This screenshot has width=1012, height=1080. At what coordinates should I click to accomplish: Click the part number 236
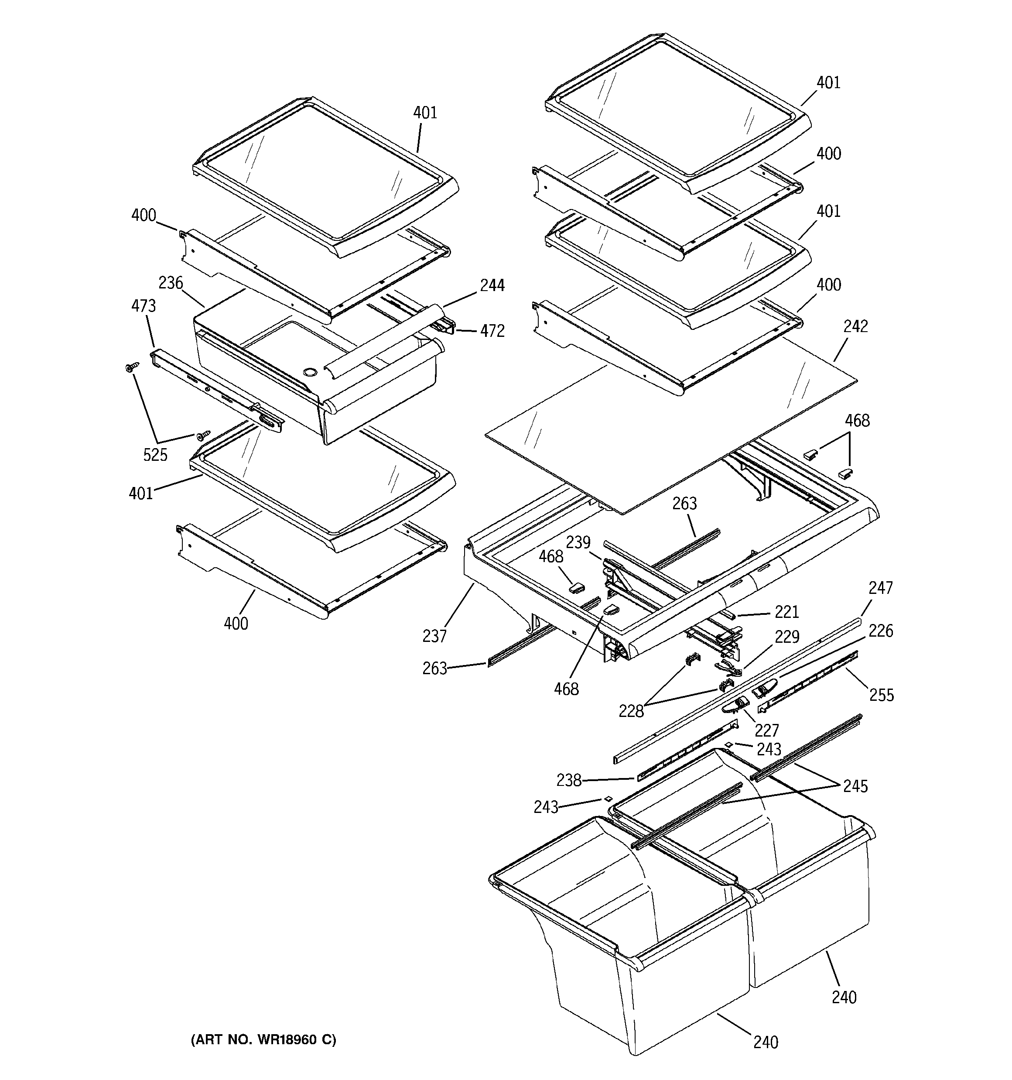click(171, 283)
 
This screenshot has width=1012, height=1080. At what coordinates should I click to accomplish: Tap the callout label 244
click(492, 285)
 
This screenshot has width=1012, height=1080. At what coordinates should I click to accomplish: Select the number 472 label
click(492, 331)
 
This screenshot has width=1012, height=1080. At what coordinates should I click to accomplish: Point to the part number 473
click(144, 306)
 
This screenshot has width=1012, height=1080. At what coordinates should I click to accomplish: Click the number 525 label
click(155, 455)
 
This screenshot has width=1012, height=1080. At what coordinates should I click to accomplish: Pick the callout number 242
click(855, 326)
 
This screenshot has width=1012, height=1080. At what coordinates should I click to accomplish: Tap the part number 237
click(434, 636)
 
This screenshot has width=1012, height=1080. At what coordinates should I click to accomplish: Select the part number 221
click(786, 612)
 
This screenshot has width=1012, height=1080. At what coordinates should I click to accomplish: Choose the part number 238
click(569, 780)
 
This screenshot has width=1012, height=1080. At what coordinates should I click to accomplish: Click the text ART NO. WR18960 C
click(263, 1039)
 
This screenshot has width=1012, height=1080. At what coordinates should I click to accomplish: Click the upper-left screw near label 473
click(131, 368)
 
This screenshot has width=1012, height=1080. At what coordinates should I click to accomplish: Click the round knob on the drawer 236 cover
click(310, 372)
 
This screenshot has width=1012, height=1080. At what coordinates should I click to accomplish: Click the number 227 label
click(766, 730)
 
